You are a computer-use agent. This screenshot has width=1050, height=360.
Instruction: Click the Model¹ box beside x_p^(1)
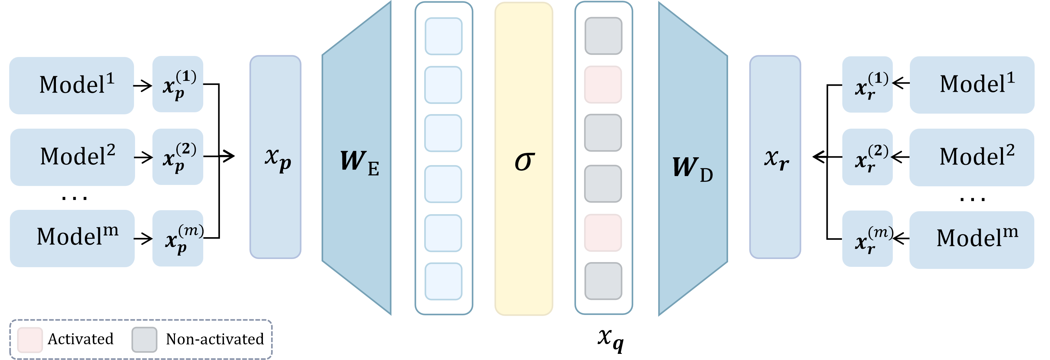[x=72, y=85]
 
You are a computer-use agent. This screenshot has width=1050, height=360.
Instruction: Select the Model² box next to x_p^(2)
[x=73, y=157]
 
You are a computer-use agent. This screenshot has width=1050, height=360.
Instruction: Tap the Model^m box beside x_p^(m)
[x=72, y=238]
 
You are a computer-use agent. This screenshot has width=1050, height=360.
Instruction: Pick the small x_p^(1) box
[x=178, y=84]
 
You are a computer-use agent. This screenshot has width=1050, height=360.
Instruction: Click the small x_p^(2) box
[x=178, y=157]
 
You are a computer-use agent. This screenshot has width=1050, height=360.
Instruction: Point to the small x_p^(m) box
[x=178, y=238]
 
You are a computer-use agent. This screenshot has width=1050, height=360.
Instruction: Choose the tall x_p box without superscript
[x=275, y=157]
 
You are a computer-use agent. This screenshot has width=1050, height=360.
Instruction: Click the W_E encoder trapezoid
[x=357, y=158]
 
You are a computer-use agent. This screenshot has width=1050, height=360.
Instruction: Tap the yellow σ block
[x=524, y=158]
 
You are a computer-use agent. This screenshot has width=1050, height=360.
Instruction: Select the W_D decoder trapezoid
[x=693, y=158]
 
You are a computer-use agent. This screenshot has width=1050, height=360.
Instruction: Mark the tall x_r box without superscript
[x=775, y=157]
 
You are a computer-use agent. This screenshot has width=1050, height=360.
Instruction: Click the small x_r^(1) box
[x=868, y=84]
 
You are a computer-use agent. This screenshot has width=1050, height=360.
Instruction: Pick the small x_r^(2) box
[x=868, y=157]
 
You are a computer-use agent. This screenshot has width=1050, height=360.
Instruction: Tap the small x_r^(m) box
[x=868, y=239]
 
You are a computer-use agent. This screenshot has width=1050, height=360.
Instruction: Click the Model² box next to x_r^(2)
[x=972, y=157]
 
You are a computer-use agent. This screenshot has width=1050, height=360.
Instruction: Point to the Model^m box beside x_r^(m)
[x=972, y=240]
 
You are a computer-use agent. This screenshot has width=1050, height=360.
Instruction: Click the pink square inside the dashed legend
[x=30, y=340]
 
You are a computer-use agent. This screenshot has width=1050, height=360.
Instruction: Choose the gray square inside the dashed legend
[x=144, y=340]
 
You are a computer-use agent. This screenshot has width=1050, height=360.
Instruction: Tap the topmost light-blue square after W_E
[x=443, y=36]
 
